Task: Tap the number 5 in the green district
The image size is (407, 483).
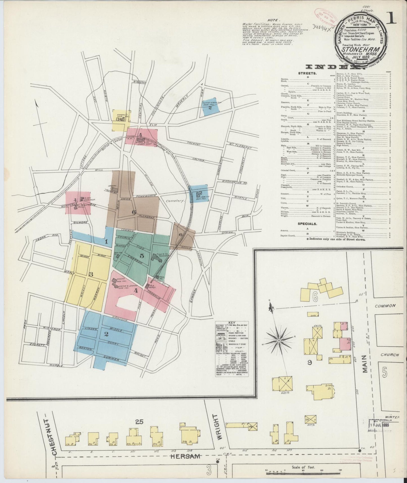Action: [142, 256]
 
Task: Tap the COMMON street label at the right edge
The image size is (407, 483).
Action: [385, 305]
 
